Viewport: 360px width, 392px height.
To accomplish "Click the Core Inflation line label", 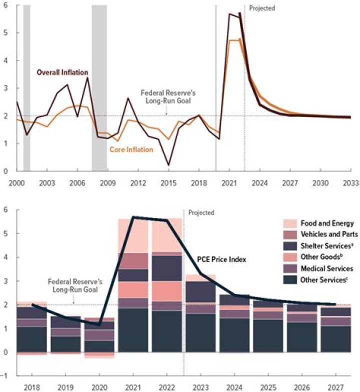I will [131, 149].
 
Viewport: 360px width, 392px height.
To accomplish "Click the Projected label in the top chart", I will [262, 8].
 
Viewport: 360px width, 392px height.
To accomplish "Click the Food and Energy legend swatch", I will [290, 223].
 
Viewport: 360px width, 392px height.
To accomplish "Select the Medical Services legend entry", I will [322, 268].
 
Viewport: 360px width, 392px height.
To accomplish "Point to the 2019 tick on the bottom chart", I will [65, 386].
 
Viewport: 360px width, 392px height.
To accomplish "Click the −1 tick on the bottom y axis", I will [5, 376].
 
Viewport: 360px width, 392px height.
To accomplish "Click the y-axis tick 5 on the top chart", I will [5, 32].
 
